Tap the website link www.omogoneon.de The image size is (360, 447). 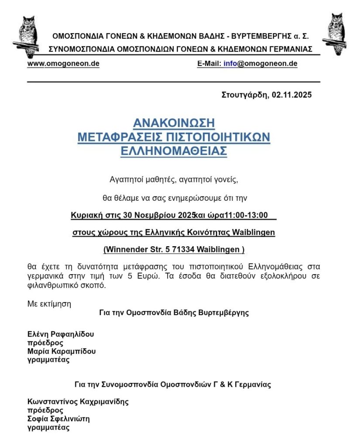click(63, 63)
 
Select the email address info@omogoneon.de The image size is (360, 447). click(261, 63)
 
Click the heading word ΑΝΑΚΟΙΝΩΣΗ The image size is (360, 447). click(174, 122)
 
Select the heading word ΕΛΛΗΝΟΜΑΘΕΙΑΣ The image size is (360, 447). click(174, 151)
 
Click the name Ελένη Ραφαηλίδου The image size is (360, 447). click(60, 334)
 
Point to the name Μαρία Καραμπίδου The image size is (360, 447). click(62, 351)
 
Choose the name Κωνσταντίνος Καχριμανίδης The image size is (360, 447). click(78, 402)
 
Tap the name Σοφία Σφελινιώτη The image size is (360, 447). click(58, 419)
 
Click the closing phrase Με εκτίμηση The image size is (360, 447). click(49, 304)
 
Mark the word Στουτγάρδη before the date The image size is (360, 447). click(245, 95)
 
